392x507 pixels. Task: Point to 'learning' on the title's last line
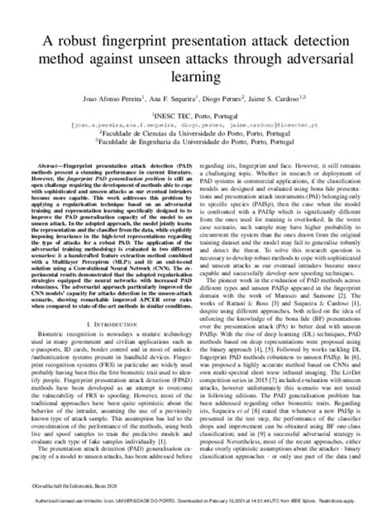pyautogui.click(x=195, y=78)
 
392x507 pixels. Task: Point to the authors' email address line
pyautogui.click(x=195, y=127)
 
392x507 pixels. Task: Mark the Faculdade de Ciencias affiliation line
pyautogui.click(x=195, y=136)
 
